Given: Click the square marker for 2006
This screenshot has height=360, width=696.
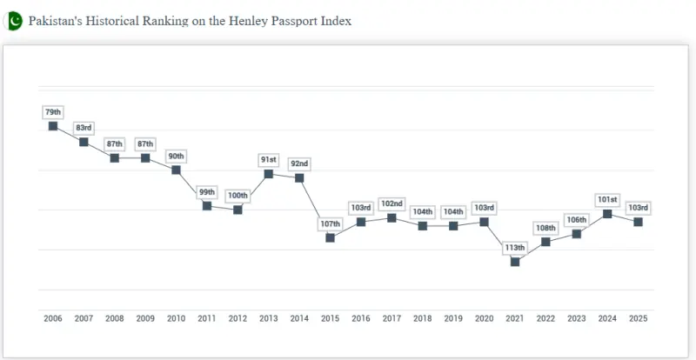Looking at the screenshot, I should click(53, 126).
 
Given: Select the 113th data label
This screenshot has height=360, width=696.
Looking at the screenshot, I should click(515, 248).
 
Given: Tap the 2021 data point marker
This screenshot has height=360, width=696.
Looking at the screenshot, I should click(515, 262).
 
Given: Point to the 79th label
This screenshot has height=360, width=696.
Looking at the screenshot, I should click(53, 112).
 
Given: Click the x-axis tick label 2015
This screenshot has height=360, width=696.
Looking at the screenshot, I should click(330, 320).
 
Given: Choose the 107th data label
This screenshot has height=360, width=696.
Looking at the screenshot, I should click(330, 223).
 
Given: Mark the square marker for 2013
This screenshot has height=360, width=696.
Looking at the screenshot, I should click(269, 174).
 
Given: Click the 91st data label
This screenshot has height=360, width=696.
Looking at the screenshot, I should click(269, 160).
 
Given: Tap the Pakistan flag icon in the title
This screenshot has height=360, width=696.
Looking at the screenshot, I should click(14, 21).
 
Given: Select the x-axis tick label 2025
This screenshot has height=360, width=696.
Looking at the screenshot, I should click(638, 320).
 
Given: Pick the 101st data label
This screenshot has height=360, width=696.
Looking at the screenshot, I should click(607, 200).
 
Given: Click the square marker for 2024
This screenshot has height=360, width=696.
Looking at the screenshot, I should click(607, 214).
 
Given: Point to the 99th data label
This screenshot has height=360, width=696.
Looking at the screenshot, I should click(207, 191).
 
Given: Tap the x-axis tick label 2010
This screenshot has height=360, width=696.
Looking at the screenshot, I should click(176, 320).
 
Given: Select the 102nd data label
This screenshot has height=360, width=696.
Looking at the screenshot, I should click(391, 203).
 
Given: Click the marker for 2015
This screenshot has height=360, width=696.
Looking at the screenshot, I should click(330, 237).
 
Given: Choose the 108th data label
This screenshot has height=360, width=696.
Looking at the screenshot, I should click(545, 228).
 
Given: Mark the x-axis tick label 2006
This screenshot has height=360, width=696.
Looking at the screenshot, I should click(53, 320).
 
